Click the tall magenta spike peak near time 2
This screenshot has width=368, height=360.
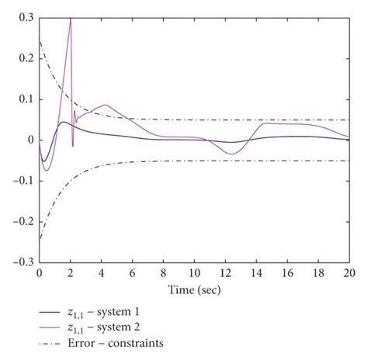tap(70, 19)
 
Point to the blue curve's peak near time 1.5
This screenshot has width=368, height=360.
tap(63, 122)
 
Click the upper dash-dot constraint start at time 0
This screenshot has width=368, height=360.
tap(40, 41)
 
